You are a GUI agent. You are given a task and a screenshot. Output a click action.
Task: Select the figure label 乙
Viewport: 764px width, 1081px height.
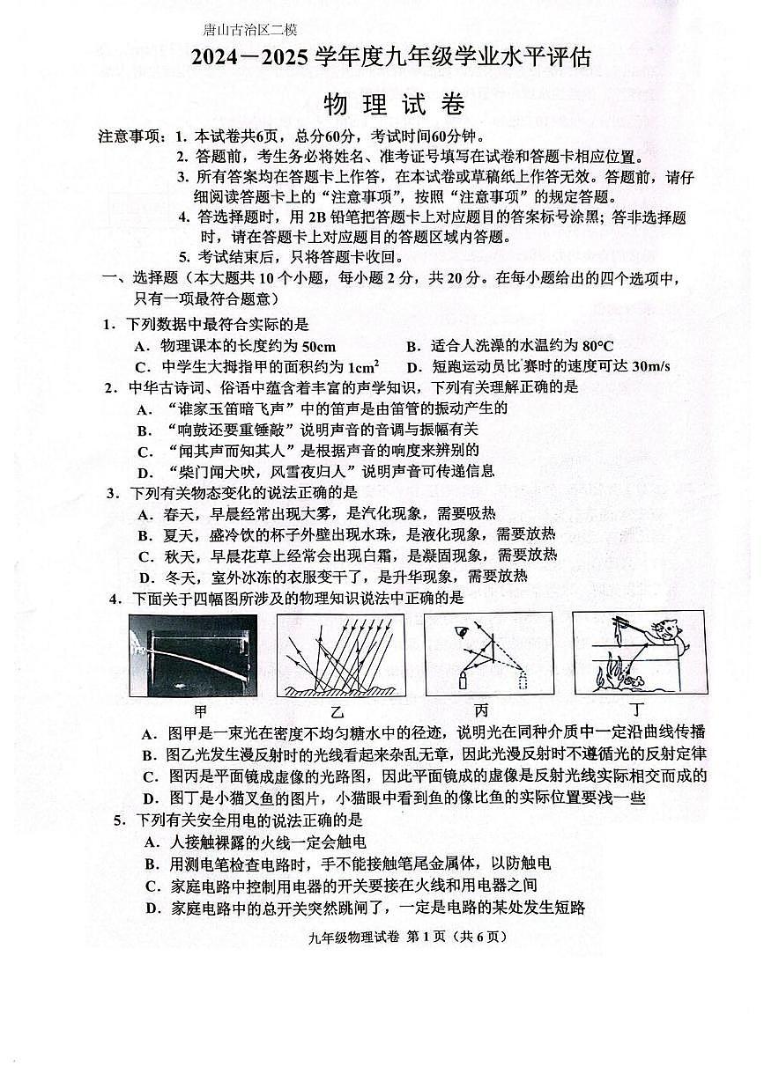[x=338, y=711]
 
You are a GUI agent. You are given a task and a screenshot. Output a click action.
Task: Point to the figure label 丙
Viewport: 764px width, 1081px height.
[x=480, y=710]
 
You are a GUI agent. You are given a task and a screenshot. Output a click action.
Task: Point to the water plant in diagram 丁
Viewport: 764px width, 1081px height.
[x=609, y=677]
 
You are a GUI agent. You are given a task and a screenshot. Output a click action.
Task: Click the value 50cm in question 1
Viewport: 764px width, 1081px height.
[x=318, y=346]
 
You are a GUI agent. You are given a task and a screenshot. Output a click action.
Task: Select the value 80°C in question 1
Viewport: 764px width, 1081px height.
[x=596, y=346]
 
